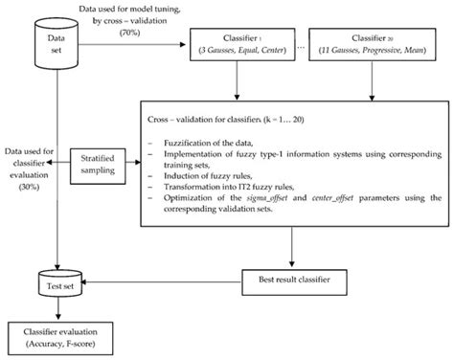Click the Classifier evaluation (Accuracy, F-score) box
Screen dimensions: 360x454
pos(59,335)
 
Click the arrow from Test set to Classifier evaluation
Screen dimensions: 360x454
pos(59,309)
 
